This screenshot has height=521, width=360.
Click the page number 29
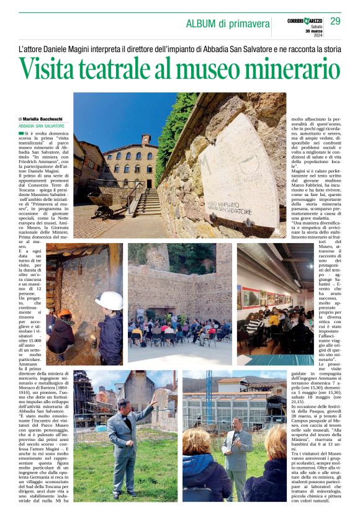click(335, 22)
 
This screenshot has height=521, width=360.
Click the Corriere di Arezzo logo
click(304, 20)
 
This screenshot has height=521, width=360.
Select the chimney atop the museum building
click(146, 139)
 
